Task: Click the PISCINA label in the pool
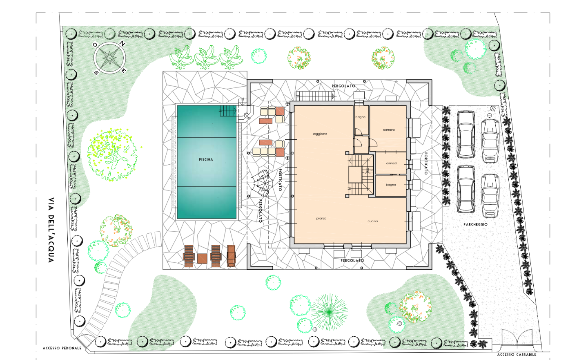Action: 206,159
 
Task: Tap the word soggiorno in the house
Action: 320,134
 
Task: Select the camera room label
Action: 389,130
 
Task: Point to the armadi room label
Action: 391,163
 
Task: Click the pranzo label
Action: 321,218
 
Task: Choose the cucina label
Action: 372,221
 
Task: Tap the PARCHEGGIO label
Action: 475,224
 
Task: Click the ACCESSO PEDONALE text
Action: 62,348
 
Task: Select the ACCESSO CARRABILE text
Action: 517,354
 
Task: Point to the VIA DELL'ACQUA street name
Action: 51,230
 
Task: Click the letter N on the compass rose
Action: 122,44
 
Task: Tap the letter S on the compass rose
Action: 96,72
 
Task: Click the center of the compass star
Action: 109,58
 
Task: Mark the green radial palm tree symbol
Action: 329,312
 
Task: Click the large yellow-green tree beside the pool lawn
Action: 112,155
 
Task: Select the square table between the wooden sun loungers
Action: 202,259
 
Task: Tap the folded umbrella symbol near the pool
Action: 261,183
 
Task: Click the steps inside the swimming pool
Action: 228,111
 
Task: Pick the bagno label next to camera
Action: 361,117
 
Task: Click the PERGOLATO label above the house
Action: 343,86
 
